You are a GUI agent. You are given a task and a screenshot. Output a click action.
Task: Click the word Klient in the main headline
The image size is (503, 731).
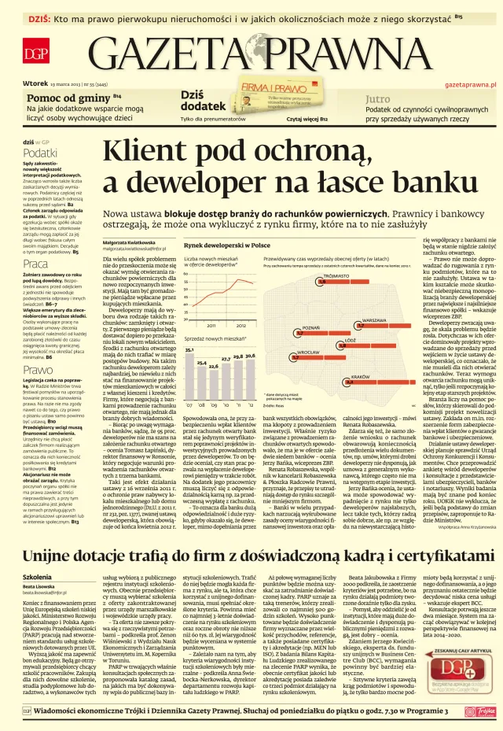(170, 151)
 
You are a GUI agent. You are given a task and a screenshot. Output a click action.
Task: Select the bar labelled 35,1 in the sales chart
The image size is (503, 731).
(189, 363)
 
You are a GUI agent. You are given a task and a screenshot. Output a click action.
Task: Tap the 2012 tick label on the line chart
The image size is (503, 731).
(240, 302)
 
